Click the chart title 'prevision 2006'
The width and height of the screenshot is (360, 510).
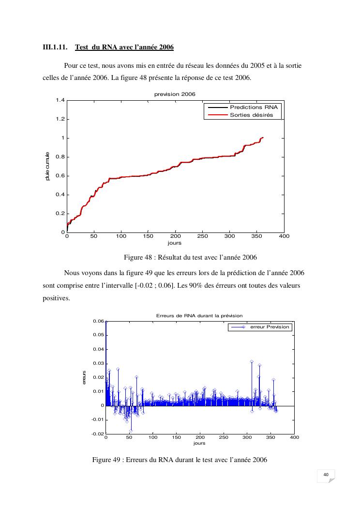[x=175, y=94]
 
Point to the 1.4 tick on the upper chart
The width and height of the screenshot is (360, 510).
[x=60, y=100]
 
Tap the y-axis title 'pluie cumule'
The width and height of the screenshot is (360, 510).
[x=47, y=167]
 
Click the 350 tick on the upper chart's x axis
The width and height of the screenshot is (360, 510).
[x=257, y=236]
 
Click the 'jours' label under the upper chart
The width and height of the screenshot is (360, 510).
[x=175, y=243]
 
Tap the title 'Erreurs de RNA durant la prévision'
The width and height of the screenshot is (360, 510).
[x=199, y=315]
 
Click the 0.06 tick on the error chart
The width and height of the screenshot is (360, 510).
[x=98, y=321]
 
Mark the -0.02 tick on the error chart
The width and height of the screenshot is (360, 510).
[x=97, y=433]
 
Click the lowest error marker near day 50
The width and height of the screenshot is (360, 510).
[x=131, y=430]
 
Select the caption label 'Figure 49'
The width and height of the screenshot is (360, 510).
[x=106, y=460]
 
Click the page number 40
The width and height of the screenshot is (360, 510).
[x=326, y=474]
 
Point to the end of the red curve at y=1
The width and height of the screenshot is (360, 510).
[x=262, y=138]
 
